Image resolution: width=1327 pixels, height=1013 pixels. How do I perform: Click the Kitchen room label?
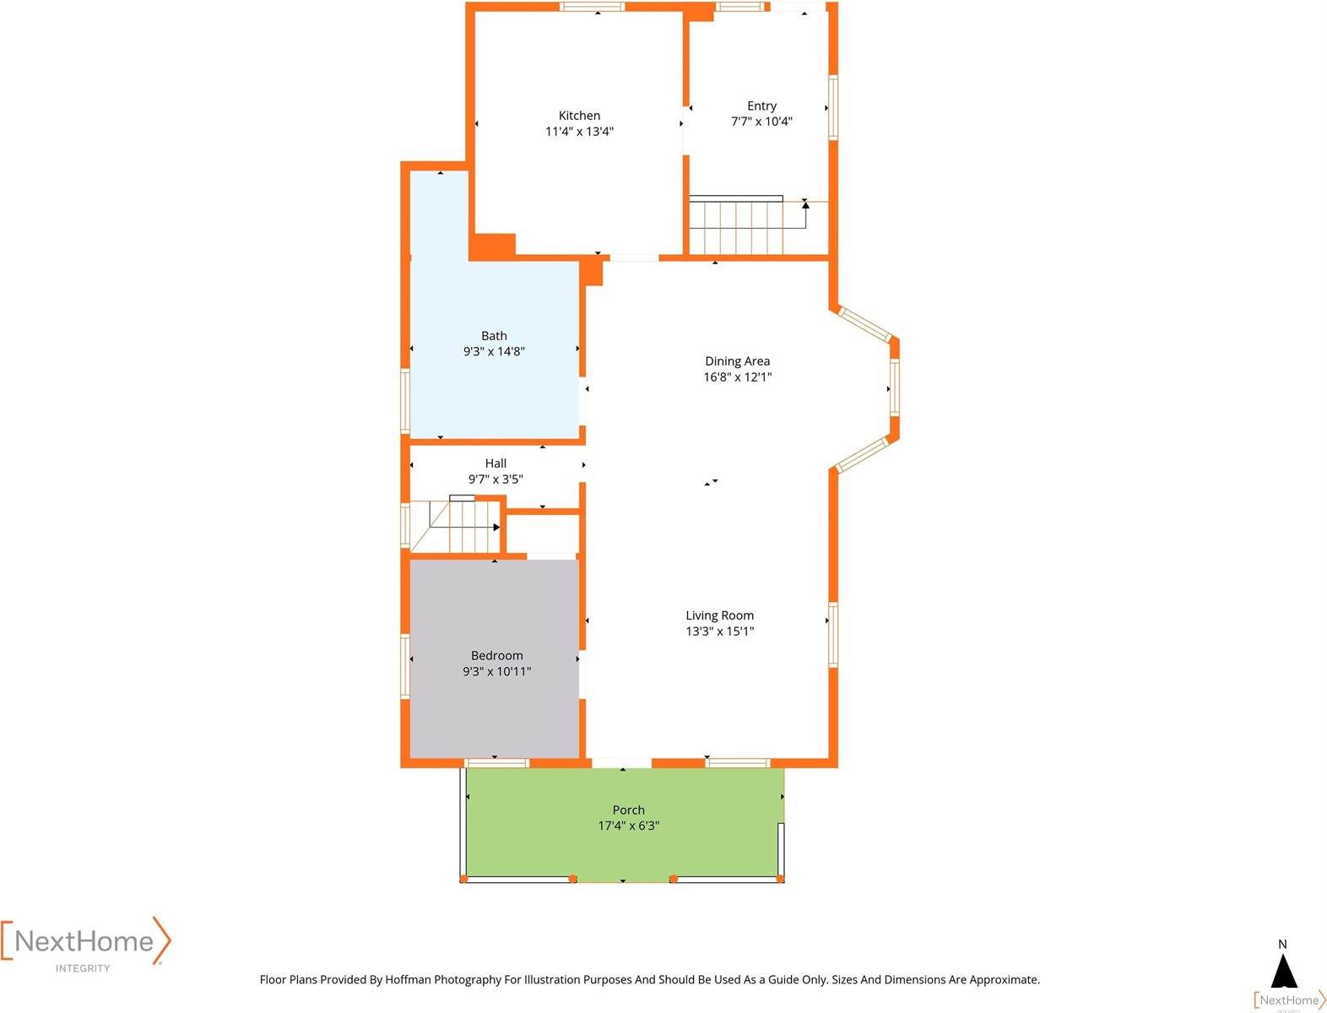[x=578, y=116]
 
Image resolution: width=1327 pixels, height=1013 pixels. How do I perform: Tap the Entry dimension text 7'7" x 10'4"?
[x=761, y=122]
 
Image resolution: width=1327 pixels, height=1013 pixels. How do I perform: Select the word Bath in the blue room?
[x=493, y=335]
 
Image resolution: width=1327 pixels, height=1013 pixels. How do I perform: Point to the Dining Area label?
[x=737, y=360]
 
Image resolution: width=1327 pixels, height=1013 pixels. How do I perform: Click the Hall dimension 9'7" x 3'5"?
[x=496, y=479]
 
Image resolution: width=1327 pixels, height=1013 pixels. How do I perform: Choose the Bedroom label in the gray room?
[x=496, y=655]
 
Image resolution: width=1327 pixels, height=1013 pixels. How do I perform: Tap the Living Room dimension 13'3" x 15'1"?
[x=719, y=631]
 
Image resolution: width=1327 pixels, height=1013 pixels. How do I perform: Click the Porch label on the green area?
[x=628, y=810]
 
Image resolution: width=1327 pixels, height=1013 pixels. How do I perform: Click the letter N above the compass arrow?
[x=1282, y=944]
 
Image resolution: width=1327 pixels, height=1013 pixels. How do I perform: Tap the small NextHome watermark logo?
[x=1290, y=1000]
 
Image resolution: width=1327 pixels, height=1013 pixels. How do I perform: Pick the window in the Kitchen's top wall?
[x=591, y=7]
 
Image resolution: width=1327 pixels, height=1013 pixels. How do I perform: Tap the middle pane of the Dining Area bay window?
[x=894, y=387]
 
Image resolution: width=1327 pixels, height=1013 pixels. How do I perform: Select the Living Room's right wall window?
[x=832, y=635]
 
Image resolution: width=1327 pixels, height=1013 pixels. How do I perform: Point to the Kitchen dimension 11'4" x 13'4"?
[x=579, y=131]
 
